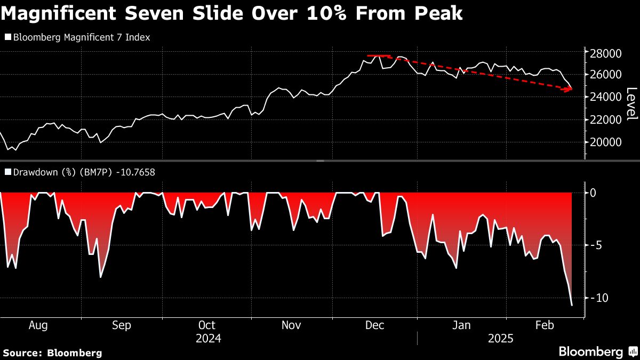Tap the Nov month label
tap(291, 325)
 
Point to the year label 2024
tap(209, 339)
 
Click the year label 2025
tap(501, 339)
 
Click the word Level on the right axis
tap(631, 103)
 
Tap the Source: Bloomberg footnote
tap(52, 353)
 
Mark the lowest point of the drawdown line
tap(572, 305)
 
